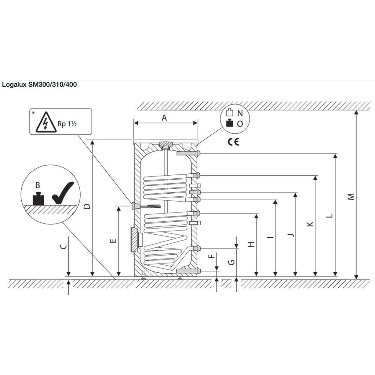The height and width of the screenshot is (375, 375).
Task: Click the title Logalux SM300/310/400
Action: tap(39, 85)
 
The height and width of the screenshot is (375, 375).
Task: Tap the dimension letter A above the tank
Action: tap(164, 118)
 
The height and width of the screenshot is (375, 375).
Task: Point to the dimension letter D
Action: tap(87, 206)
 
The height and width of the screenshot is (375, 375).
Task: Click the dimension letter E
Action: tap(113, 241)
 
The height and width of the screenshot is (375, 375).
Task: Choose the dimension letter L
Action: tap(329, 216)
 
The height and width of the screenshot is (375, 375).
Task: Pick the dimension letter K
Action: tap(310, 224)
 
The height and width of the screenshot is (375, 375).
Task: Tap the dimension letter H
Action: tap(251, 244)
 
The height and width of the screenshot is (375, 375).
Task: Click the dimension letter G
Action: tap(232, 262)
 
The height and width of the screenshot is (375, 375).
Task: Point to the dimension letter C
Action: tap(63, 246)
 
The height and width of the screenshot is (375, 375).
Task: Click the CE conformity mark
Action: tap(233, 142)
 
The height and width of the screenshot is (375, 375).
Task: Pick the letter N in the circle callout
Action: tap(240, 113)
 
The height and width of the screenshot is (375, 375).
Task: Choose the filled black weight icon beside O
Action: tap(230, 123)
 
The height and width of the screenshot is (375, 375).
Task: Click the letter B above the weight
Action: tap(38, 185)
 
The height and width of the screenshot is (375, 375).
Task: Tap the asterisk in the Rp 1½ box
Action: tap(33, 113)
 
